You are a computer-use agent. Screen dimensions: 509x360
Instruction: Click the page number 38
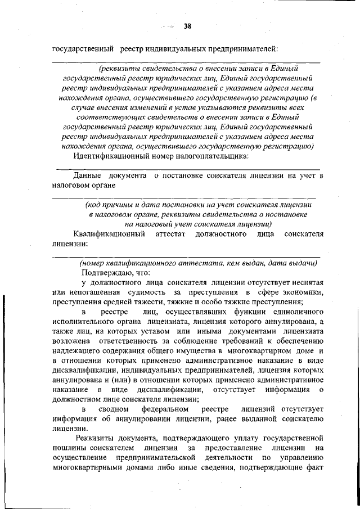(187, 25)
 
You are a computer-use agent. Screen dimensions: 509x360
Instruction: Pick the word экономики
(300, 293)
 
